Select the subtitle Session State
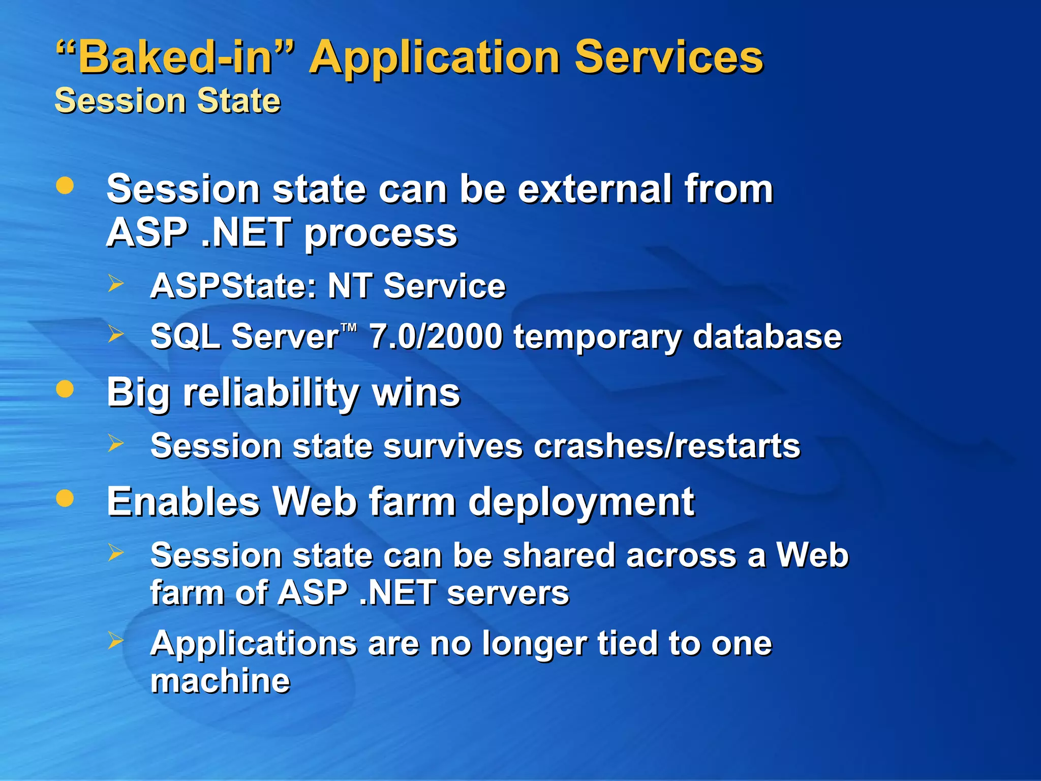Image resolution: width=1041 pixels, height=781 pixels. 168,100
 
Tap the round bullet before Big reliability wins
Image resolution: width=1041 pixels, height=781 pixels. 65,389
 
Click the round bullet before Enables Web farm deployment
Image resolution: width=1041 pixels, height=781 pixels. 65,498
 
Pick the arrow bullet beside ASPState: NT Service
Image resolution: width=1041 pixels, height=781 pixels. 116,283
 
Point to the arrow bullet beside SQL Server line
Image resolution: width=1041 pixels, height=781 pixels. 116,334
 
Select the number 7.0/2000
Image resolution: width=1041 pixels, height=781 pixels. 436,337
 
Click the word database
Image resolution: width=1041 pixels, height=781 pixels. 767,337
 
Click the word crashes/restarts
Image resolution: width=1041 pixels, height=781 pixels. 667,446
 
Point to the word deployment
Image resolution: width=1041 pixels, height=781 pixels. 581,502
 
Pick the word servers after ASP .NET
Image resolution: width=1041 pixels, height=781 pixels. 508,593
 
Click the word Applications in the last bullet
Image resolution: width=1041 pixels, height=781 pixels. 254,644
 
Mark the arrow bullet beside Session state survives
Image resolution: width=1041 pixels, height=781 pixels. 116,443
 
